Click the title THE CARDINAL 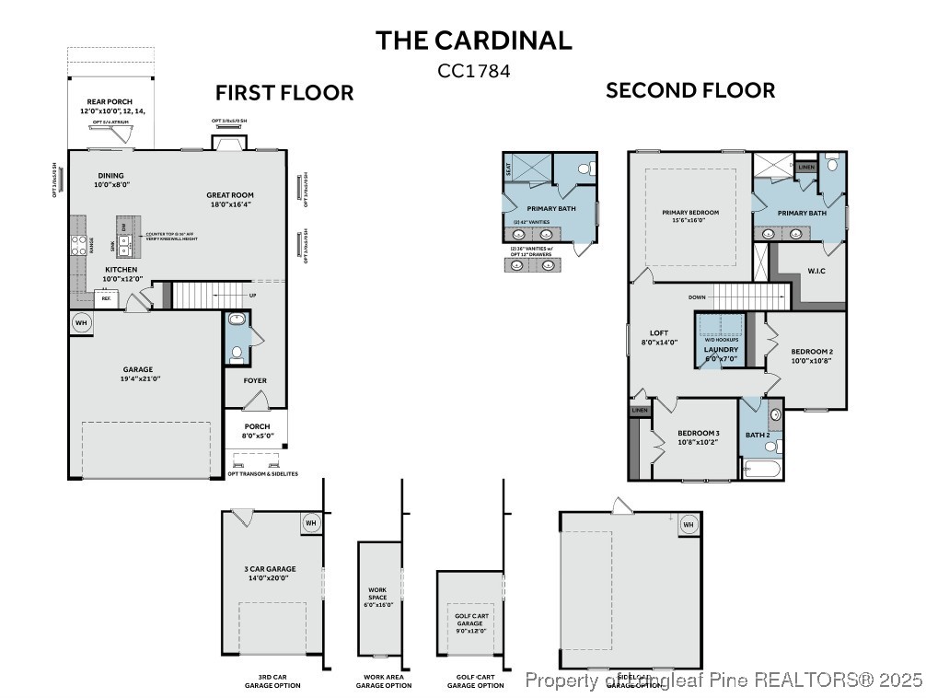(x=473, y=40)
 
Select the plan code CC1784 (x=473, y=70)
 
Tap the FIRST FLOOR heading (x=284, y=93)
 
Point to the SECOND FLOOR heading (x=689, y=90)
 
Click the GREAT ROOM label (x=229, y=194)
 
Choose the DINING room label (x=110, y=175)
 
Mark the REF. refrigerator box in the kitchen (x=106, y=299)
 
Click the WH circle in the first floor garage (x=81, y=323)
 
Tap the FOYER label (x=255, y=380)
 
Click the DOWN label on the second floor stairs (x=697, y=297)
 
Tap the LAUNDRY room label (x=721, y=349)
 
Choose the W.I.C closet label (x=816, y=270)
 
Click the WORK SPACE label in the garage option (x=377, y=593)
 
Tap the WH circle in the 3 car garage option (x=310, y=523)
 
